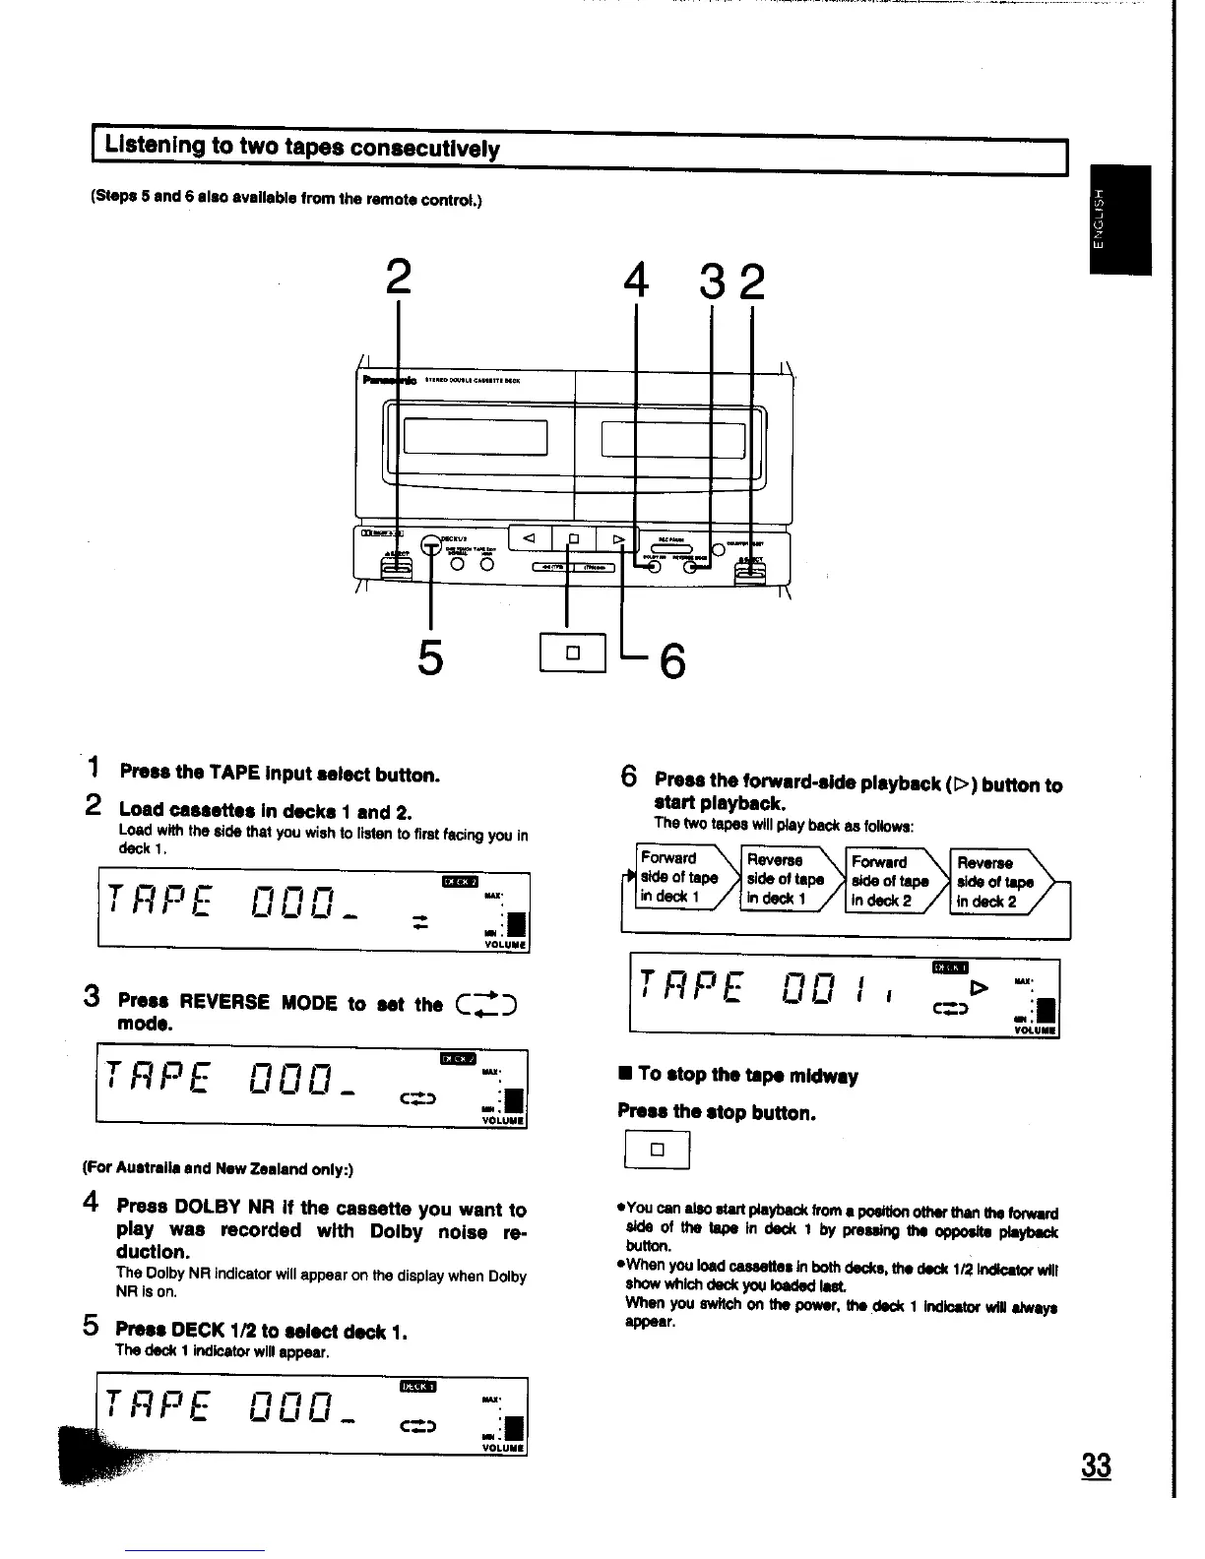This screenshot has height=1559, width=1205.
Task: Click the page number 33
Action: [1095, 1465]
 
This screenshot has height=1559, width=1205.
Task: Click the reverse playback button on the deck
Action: [530, 538]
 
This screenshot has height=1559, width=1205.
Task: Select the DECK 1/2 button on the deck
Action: [430, 545]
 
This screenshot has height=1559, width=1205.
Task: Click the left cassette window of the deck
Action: [475, 436]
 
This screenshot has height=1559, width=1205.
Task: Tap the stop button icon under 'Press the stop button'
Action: [658, 1150]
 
